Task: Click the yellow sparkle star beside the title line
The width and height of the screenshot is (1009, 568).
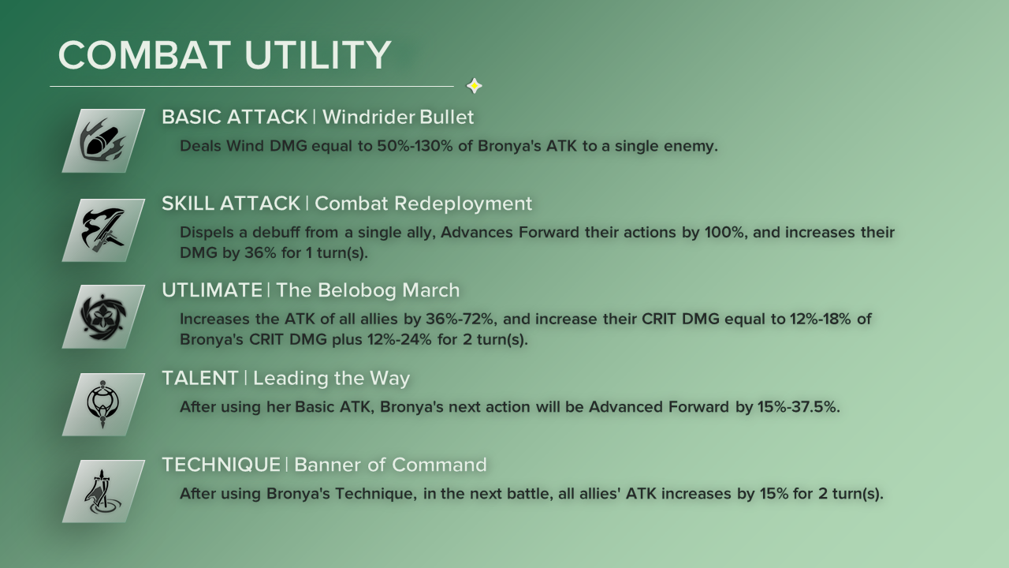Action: pos(474,86)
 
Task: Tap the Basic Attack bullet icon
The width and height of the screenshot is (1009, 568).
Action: pos(103,140)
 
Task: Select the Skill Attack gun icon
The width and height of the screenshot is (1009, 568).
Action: pos(103,230)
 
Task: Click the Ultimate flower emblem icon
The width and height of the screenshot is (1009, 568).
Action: pos(103,316)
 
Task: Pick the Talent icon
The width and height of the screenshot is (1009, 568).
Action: pos(103,405)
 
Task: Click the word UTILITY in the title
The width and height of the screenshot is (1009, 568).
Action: pos(318,55)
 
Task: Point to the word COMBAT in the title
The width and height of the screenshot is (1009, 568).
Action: pos(144,55)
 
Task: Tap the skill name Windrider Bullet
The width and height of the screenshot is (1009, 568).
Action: pos(398,118)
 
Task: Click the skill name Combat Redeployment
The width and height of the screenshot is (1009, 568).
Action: pos(423,204)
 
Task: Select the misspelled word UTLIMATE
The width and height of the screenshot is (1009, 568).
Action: pos(212,290)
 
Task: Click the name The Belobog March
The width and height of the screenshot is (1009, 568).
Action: pos(367,290)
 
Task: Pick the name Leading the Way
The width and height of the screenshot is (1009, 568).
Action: pos(332,378)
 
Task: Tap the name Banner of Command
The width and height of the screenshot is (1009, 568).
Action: pos(390,465)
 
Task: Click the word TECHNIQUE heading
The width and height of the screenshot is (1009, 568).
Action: pos(222,465)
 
